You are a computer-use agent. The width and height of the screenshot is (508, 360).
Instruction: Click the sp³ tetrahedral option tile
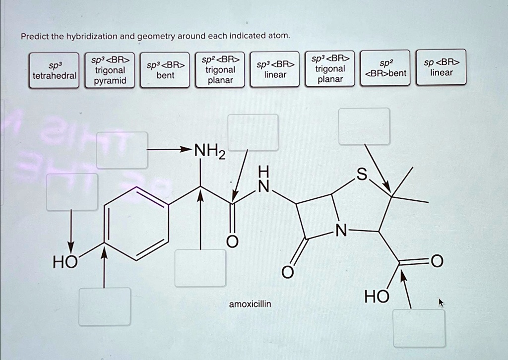pyautogui.click(x=54, y=70)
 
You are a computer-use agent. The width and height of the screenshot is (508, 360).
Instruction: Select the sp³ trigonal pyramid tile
pyautogui.click(x=110, y=70)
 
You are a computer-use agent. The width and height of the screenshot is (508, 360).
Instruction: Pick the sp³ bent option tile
pyautogui.click(x=165, y=70)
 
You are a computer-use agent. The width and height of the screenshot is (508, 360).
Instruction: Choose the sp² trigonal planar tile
pyautogui.click(x=220, y=69)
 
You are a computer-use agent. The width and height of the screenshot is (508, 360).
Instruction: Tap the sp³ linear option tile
pyautogui.click(x=275, y=69)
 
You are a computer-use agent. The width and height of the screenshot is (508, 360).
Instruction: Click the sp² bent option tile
pyautogui.click(x=385, y=68)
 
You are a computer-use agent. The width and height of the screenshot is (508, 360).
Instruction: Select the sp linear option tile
pyautogui.click(x=441, y=67)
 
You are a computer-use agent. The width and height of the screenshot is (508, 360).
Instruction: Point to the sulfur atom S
pyautogui.click(x=362, y=175)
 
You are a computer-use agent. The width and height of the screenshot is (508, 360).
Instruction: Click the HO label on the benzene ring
pyautogui.click(x=65, y=262)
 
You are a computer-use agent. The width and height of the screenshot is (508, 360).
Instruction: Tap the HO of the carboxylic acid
pyautogui.click(x=377, y=297)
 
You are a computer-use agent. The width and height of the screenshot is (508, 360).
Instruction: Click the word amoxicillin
pyautogui.click(x=250, y=304)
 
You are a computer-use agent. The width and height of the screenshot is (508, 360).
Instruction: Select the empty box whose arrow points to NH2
pyautogui.click(x=122, y=150)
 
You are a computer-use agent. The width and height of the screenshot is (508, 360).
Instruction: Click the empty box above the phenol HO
pyautogui.click(x=72, y=192)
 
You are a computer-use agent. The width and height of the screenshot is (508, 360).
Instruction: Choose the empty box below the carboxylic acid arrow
pyautogui.click(x=419, y=328)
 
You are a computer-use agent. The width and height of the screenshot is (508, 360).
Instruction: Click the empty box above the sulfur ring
pyautogui.click(x=364, y=126)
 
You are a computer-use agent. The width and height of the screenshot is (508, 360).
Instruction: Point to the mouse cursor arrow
pyautogui.click(x=441, y=302)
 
